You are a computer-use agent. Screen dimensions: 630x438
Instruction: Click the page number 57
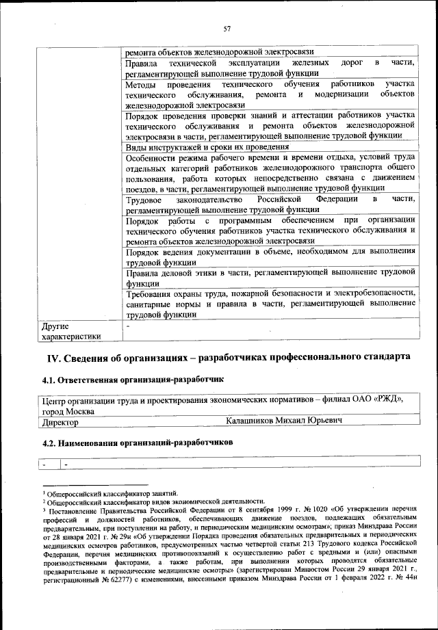tap(227, 28)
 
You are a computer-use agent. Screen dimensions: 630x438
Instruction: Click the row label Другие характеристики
tap(71, 331)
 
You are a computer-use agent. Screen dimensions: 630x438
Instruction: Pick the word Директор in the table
tap(60, 423)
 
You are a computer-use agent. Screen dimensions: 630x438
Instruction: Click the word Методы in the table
tap(142, 84)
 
